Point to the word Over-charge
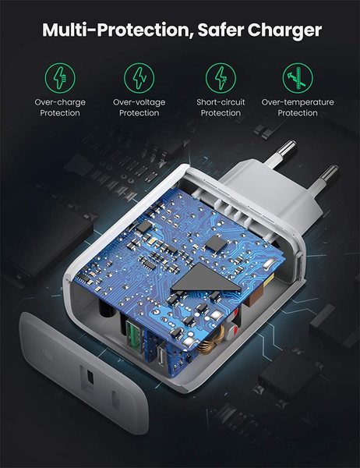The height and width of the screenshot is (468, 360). tap(60, 101)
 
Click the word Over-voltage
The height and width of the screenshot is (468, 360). tap(139, 101)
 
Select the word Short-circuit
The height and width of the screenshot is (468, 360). tap(221, 101)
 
